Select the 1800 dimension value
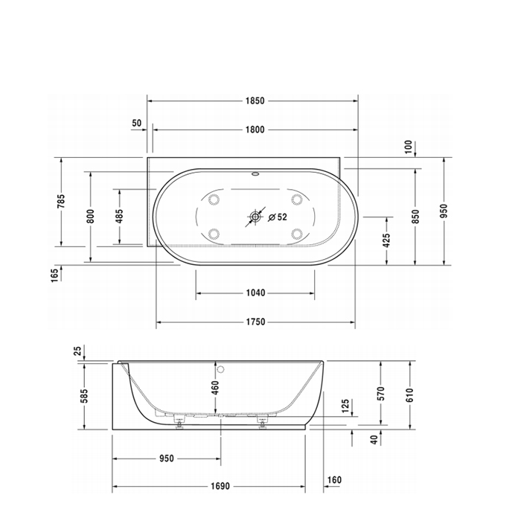coord(255,130)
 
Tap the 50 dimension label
coord(136,123)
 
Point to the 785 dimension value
coord(62,201)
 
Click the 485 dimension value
coord(118,216)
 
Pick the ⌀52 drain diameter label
coord(278,217)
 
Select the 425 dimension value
coord(386,240)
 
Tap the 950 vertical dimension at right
coord(444,211)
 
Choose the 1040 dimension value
coord(255,293)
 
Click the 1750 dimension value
coord(255,322)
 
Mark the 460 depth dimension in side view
coord(215,389)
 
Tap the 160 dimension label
coord(334,480)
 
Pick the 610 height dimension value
coord(409,395)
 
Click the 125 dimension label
coord(345,406)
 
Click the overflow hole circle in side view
coord(221,369)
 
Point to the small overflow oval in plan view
coord(256,177)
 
